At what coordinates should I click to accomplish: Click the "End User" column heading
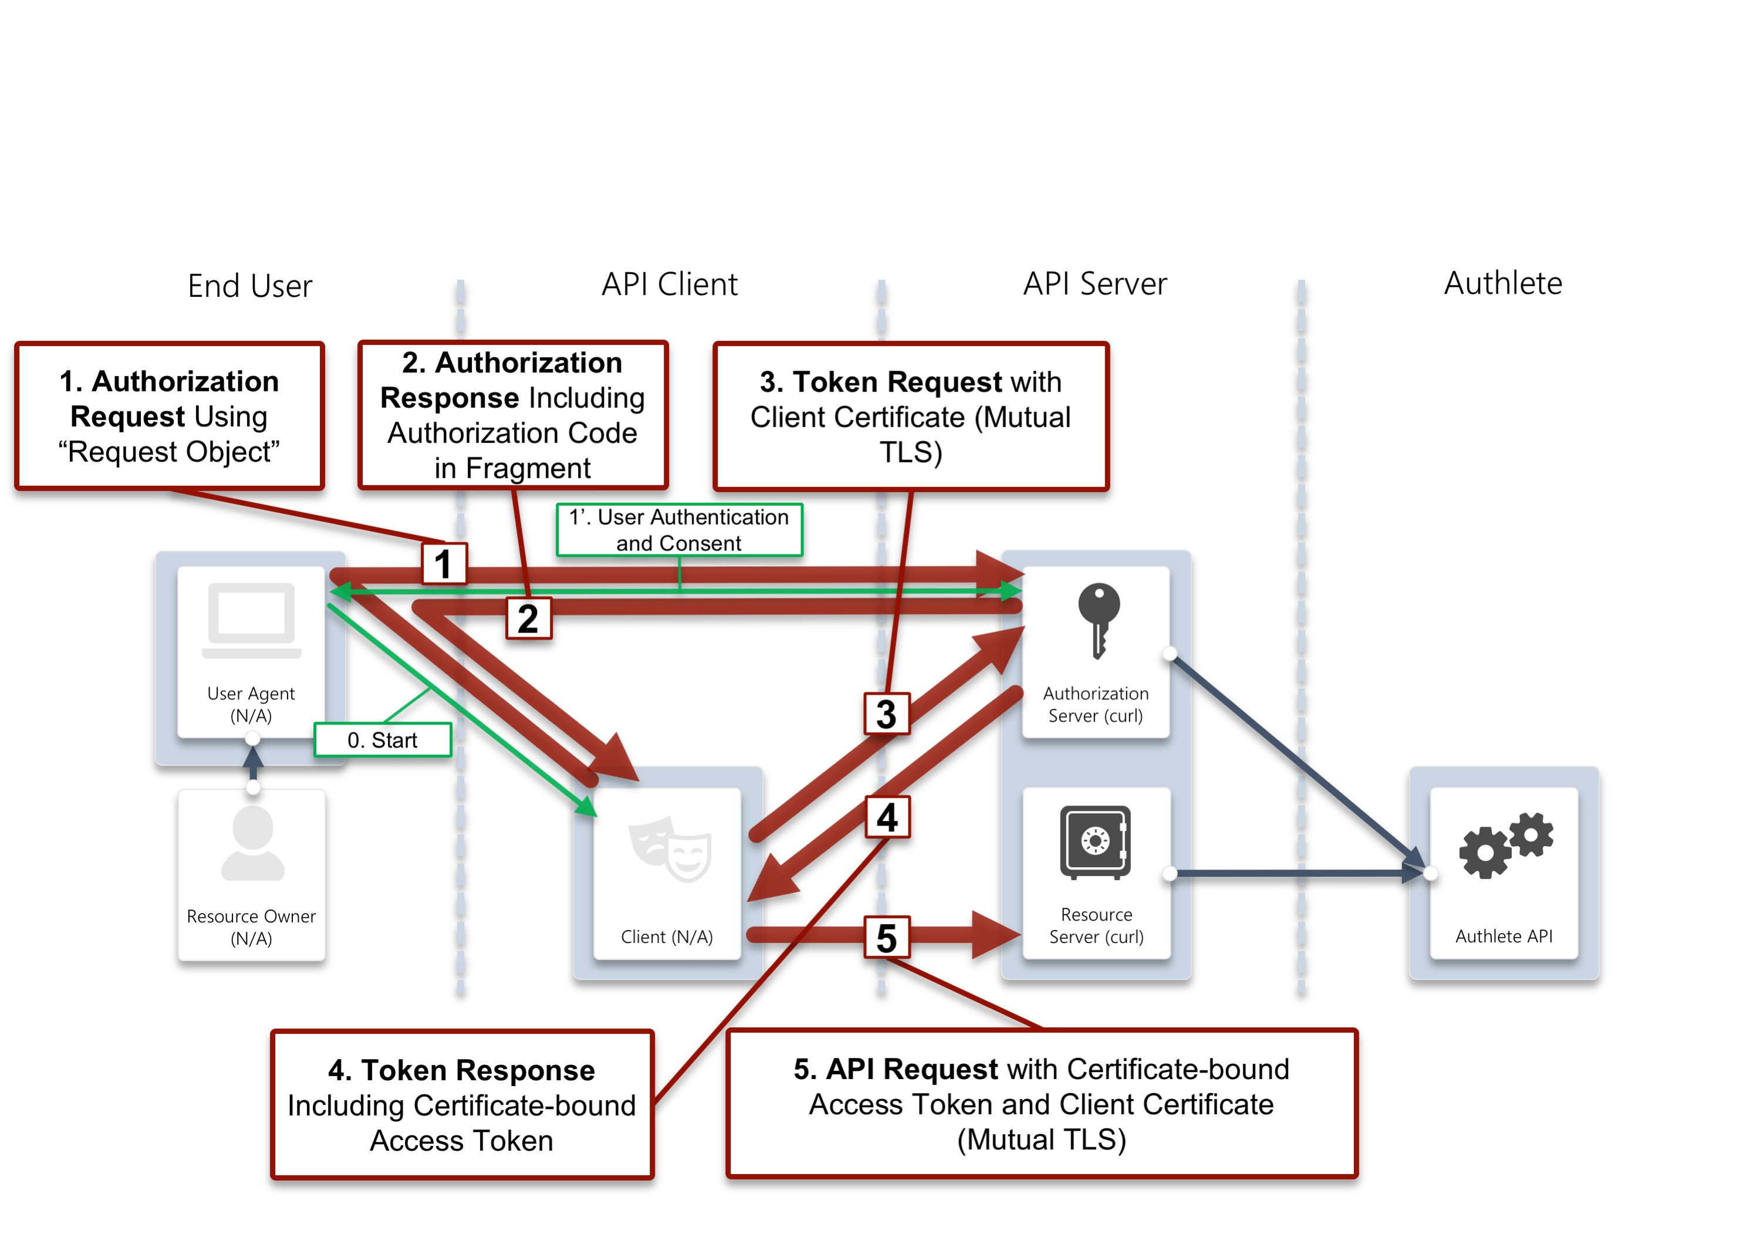coord(250,286)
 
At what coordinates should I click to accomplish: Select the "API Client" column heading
coord(669,285)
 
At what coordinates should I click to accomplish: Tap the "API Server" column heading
coord(1094,283)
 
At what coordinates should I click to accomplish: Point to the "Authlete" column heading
coord(1502,283)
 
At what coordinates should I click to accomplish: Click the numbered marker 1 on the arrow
coord(444,563)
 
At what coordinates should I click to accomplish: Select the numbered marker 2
coord(528,618)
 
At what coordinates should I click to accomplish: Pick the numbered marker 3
coord(887,714)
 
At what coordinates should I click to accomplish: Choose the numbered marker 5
coord(887,938)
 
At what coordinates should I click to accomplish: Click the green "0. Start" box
coord(383,740)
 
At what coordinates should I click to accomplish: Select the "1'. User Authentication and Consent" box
coord(679,530)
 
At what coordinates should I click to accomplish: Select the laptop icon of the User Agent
coord(251,620)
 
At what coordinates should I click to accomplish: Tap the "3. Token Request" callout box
coord(911,416)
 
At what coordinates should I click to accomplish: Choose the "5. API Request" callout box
coord(1042,1103)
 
